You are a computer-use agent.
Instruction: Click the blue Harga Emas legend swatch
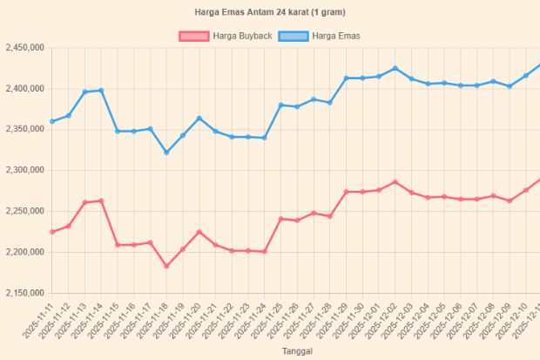tap(295, 36)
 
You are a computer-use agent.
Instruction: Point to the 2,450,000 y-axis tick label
tap(24, 49)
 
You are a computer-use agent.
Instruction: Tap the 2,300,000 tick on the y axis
tap(24, 171)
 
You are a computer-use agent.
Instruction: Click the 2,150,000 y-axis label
tap(24, 293)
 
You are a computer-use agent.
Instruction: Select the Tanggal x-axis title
tap(296, 350)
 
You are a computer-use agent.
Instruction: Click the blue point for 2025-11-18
tap(166, 153)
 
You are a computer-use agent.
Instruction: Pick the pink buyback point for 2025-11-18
tap(166, 266)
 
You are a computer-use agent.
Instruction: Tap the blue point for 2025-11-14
tap(101, 91)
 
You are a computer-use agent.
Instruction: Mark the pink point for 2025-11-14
tap(101, 201)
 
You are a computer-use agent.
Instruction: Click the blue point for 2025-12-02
tap(395, 68)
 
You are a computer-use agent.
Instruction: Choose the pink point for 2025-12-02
tap(395, 182)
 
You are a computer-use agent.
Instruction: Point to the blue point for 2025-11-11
tap(52, 121)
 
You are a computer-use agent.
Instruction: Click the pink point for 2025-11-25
tap(280, 219)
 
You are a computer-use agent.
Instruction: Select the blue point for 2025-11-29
tap(347, 78)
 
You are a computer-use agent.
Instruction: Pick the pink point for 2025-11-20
tap(199, 232)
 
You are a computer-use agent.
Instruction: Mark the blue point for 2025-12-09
tap(510, 86)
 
